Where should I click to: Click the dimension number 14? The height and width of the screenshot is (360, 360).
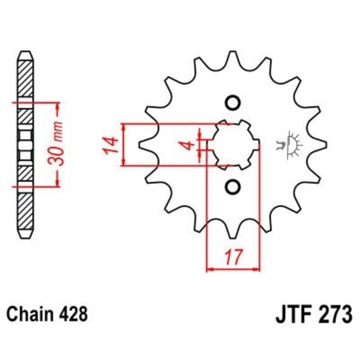pos(112,145)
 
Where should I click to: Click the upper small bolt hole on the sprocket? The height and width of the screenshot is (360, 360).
pos(233,103)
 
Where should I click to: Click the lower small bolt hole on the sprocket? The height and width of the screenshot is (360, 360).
pos(233,186)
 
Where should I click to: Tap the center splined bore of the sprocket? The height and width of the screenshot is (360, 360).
pos(233,145)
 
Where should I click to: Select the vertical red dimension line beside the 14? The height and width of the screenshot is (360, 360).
pos(123,145)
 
